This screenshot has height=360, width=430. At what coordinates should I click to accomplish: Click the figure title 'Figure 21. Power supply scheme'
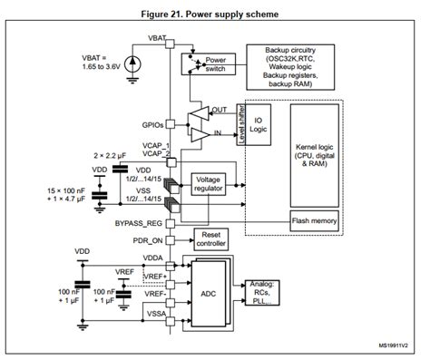tap(214, 15)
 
